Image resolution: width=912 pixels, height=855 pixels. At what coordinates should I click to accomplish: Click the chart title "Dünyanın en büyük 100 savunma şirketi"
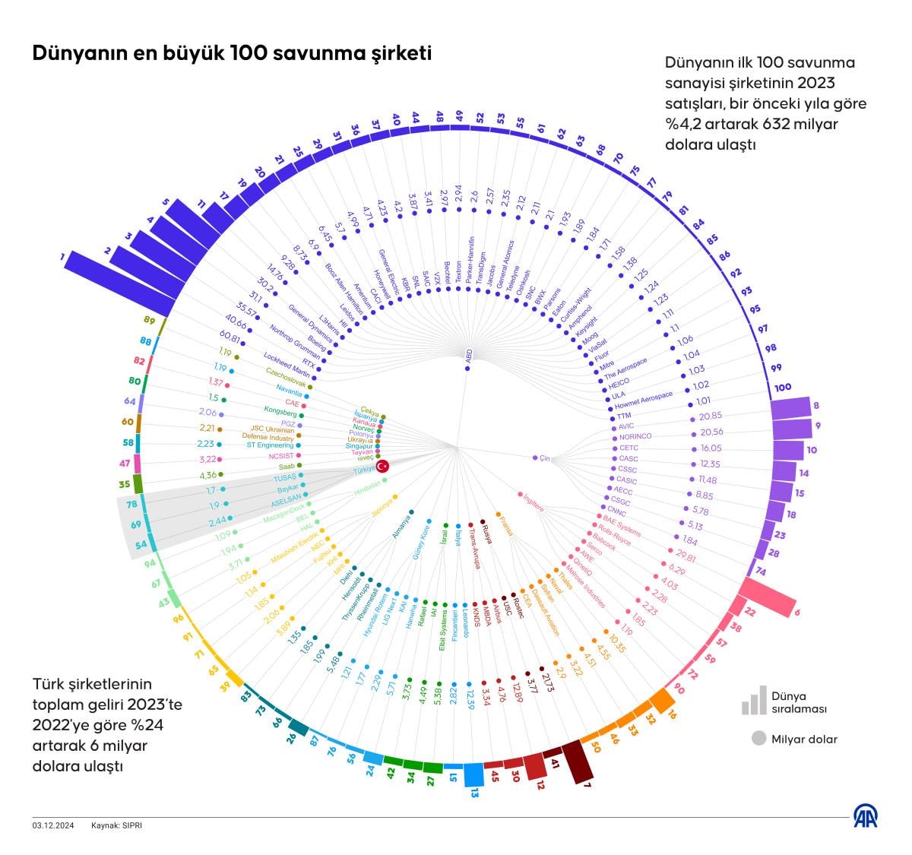click(232, 53)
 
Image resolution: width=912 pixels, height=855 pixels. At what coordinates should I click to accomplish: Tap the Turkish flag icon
click(383, 466)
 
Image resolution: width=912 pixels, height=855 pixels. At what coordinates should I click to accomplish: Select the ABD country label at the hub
click(468, 353)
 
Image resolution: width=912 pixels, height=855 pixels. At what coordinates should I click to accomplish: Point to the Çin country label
click(544, 458)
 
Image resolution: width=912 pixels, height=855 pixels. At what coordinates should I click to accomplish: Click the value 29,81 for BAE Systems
click(686, 557)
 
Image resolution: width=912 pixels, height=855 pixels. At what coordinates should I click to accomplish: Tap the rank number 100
click(782, 388)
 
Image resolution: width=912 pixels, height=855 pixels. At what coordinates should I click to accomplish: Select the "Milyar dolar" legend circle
click(758, 738)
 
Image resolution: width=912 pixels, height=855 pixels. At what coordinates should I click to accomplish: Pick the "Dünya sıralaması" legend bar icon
click(754, 701)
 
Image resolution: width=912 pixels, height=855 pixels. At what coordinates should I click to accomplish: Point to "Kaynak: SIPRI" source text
click(116, 825)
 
